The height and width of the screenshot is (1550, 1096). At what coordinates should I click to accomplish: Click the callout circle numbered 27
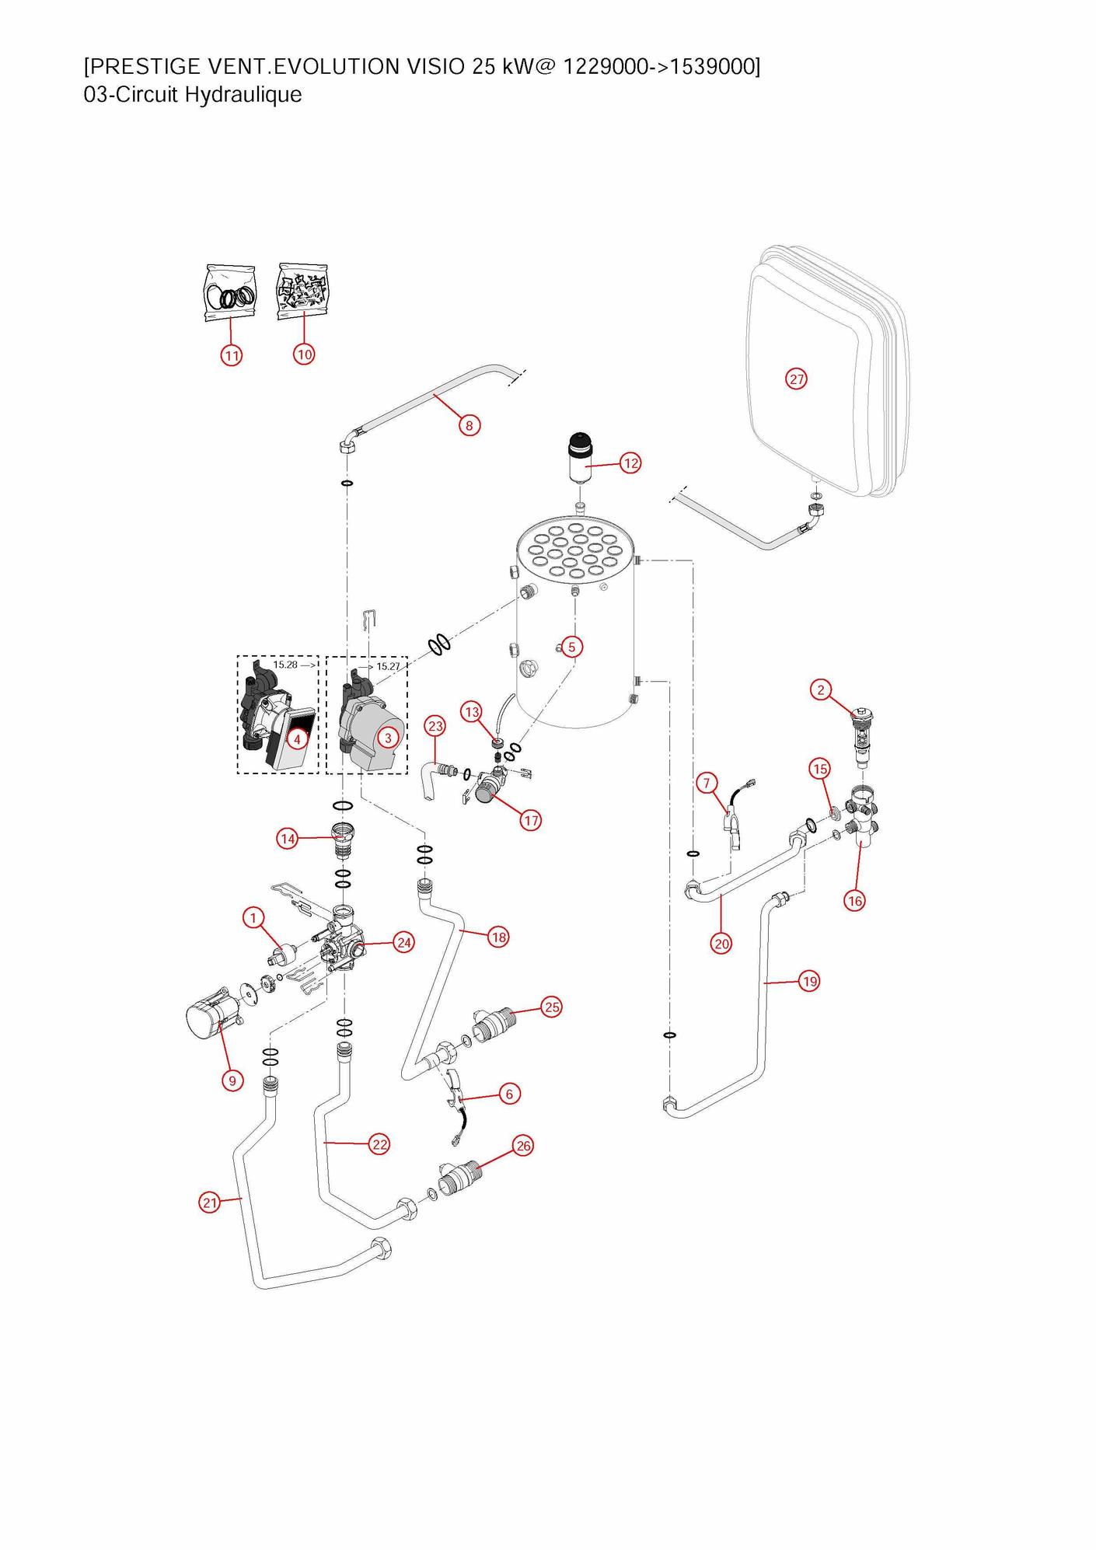(796, 379)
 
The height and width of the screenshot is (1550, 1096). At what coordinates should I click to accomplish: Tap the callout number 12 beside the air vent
(630, 463)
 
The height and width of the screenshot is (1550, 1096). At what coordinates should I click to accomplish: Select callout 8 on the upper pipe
(469, 425)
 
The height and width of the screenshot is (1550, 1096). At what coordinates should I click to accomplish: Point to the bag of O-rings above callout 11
(230, 294)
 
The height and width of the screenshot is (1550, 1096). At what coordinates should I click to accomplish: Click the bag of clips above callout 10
(303, 291)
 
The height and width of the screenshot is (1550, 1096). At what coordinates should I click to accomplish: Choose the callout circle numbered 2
(821, 689)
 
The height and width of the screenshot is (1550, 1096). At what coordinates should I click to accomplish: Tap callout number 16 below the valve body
(854, 901)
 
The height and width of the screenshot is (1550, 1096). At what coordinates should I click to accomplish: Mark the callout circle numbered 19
(810, 982)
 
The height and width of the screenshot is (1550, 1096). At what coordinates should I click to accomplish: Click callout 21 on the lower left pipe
(210, 1203)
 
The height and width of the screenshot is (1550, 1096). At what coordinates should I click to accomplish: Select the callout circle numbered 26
(523, 1146)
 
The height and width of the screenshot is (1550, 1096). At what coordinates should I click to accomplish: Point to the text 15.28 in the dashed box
(285, 665)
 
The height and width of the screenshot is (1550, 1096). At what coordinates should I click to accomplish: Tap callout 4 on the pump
(296, 739)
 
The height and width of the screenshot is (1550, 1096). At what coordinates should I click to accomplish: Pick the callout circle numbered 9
(232, 1080)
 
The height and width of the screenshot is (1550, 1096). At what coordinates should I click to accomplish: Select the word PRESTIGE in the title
(141, 67)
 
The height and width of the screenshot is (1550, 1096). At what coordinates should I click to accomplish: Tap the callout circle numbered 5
(571, 647)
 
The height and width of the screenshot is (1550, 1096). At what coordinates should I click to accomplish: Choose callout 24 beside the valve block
(403, 943)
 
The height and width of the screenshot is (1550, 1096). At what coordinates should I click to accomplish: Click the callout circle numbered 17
(530, 820)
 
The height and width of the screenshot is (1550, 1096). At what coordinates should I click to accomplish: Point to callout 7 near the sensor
(707, 783)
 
